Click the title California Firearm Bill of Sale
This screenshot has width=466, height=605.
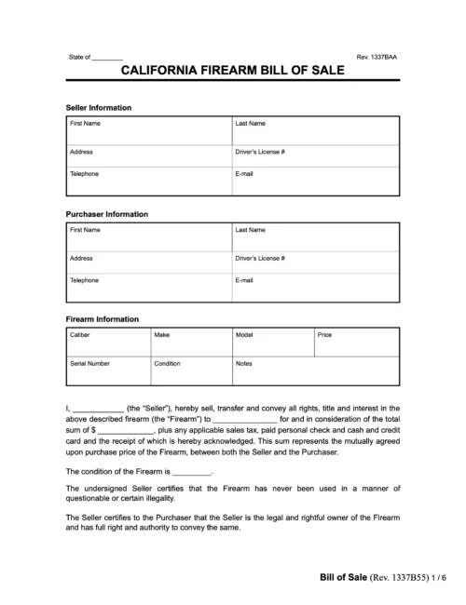(232, 72)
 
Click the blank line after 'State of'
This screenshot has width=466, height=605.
(108, 58)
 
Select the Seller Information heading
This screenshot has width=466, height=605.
(99, 108)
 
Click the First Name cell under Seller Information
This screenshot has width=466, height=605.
(148, 129)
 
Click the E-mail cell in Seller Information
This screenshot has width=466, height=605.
(315, 181)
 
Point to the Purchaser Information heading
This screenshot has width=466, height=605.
(107, 213)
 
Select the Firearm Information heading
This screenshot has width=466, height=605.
(103, 318)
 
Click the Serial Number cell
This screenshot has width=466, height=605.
(107, 370)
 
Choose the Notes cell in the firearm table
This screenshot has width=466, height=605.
(315, 370)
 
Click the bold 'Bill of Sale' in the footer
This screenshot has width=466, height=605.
(337, 577)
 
